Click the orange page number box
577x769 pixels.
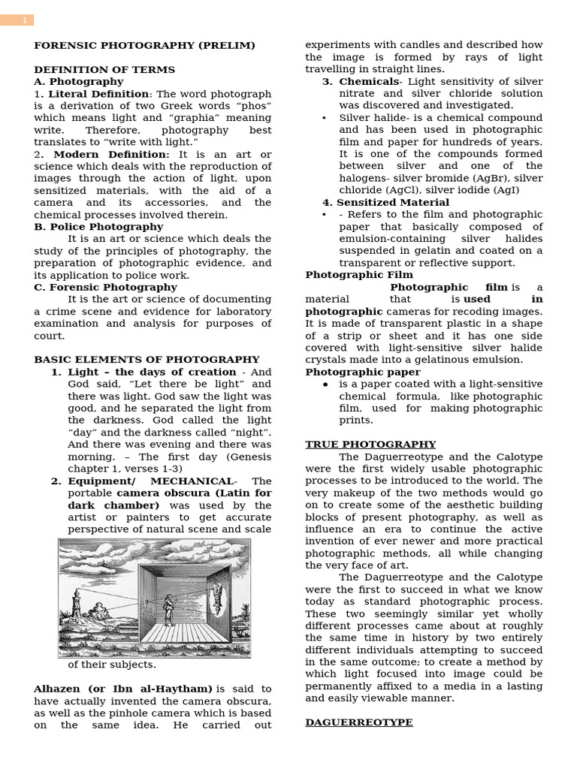(17, 20)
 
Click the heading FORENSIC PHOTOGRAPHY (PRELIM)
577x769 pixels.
(144, 46)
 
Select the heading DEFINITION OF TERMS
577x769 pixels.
(104, 70)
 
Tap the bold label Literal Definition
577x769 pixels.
(98, 94)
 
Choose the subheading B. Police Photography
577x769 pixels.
(98, 227)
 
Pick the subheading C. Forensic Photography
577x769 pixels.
(105, 287)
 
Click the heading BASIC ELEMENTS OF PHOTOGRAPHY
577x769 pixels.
(147, 360)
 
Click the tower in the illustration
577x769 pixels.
(76, 603)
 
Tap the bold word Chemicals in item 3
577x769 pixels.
(368, 82)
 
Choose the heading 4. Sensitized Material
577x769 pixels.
(385, 203)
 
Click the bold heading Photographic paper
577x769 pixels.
(363, 372)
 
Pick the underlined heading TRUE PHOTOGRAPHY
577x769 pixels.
(370, 445)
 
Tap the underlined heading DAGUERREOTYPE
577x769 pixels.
(358, 722)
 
